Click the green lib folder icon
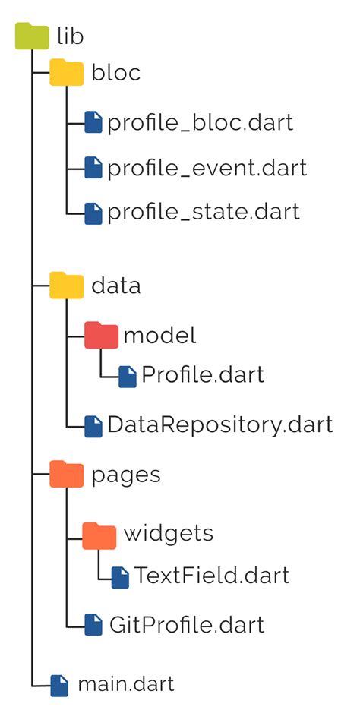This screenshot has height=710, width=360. pyautogui.click(x=32, y=36)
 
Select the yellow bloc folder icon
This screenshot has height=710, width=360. pyautogui.click(x=66, y=74)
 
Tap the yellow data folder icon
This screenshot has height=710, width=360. pyautogui.click(x=66, y=286)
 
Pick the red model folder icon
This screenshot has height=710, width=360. pyautogui.click(x=101, y=335)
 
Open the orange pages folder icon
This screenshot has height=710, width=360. pyautogui.click(x=66, y=475)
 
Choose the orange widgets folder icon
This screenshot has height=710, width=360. pyautogui.click(x=99, y=534)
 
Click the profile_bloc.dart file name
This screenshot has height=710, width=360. pyautogui.click(x=200, y=121)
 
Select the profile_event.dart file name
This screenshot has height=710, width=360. pyautogui.click(x=207, y=167)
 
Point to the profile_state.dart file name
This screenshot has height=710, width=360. pyautogui.click(x=204, y=212)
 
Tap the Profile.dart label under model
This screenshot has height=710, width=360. pyautogui.click(x=203, y=375)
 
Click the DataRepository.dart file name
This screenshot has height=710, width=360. pyautogui.click(x=220, y=424)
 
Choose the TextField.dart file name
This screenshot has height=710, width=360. pyautogui.click(x=212, y=576)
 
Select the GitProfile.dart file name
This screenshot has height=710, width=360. pyautogui.click(x=186, y=625)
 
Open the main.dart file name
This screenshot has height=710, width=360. pyautogui.click(x=126, y=684)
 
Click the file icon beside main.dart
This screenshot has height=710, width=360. pyautogui.click(x=59, y=685)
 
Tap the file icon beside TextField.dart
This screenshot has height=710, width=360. pyautogui.click(x=120, y=576)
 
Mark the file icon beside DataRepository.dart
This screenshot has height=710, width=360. pyautogui.click(x=93, y=426)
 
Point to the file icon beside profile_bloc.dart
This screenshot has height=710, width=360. pyautogui.click(x=93, y=122)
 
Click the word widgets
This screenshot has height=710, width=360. pyautogui.click(x=168, y=533)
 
